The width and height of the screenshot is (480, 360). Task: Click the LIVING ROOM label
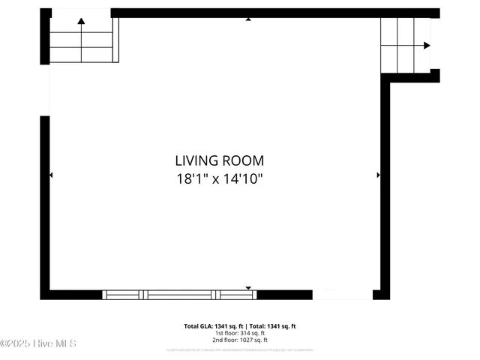(219, 160)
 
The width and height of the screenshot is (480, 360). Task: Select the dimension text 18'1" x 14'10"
(219, 179)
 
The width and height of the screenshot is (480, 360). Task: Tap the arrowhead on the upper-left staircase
(81, 22)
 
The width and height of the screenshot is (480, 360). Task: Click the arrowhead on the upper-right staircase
(427, 46)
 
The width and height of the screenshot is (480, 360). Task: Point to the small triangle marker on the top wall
(248, 19)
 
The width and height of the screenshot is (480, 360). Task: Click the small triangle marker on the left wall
(51, 175)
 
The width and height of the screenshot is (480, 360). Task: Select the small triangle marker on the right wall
(378, 175)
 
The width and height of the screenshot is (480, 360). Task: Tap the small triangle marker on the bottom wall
(248, 287)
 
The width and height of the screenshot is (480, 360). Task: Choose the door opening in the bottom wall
(342, 295)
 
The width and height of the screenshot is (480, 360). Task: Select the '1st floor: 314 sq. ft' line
(240, 333)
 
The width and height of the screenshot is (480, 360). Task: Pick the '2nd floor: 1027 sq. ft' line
(240, 340)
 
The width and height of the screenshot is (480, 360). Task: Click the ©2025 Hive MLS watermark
(38, 343)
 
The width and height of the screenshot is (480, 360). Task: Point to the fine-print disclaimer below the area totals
(240, 350)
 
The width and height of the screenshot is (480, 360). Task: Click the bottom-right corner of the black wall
(385, 295)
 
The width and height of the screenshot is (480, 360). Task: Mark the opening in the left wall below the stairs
(45, 90)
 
